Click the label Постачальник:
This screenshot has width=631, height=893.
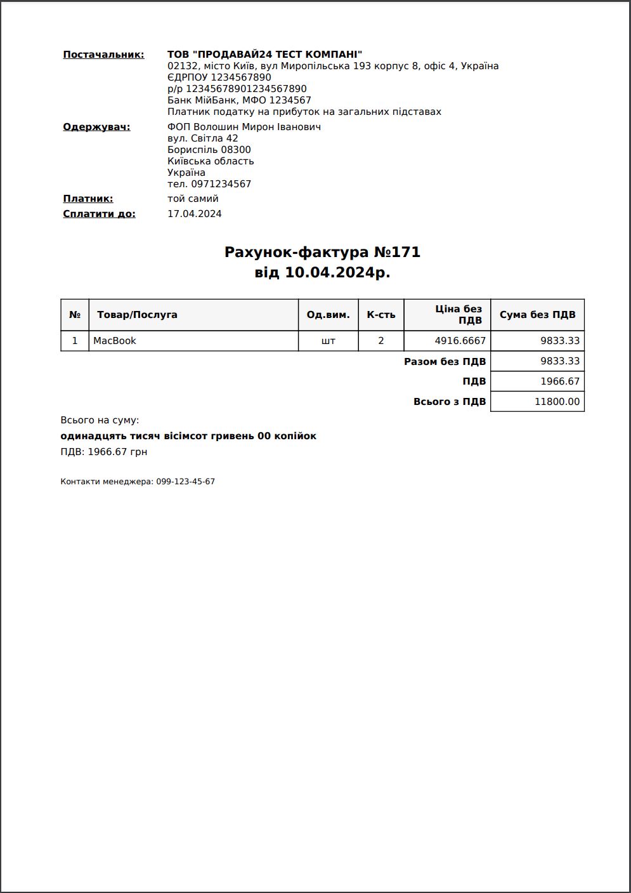103,55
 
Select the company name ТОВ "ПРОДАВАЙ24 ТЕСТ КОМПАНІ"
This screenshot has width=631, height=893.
264,55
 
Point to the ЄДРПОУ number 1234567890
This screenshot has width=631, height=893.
241,77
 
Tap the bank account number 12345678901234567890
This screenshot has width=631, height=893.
246,89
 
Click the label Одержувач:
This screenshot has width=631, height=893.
96,127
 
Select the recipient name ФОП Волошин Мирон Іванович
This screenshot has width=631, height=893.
244,127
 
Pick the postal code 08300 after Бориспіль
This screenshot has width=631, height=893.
236,150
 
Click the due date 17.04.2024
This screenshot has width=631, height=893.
195,214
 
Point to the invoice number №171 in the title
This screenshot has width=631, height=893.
397,252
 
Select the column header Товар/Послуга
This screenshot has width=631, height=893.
137,315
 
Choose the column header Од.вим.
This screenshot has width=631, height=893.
328,315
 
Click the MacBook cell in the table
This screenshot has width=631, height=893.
115,341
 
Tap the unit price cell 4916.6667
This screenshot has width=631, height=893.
460,341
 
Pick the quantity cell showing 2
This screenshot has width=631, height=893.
381,341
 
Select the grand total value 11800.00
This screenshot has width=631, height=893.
557,402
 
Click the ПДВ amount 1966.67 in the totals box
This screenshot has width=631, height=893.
560,381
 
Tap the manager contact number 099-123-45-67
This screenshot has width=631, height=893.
185,482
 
